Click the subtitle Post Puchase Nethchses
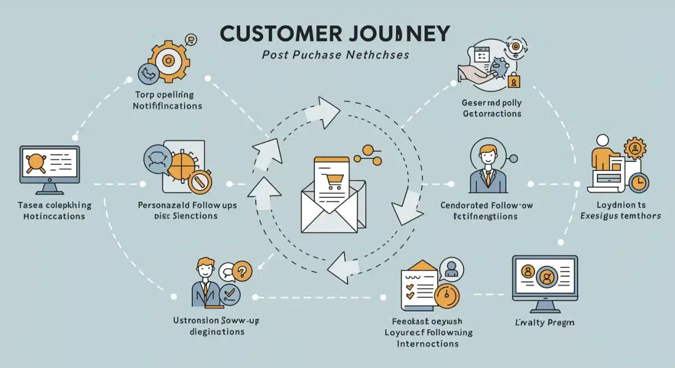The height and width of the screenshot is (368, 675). [x=336, y=56]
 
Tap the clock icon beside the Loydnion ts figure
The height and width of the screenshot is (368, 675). [x=639, y=182]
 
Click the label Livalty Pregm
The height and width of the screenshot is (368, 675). [x=544, y=323]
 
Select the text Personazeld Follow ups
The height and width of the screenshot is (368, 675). [x=187, y=205]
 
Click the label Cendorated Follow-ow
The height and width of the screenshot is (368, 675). [x=487, y=205]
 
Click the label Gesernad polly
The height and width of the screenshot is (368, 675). [x=492, y=102]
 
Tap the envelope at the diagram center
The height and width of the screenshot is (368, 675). [x=330, y=205]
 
